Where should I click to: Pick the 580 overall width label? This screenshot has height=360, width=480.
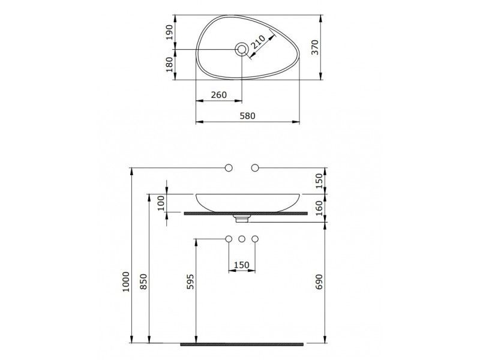[248, 115]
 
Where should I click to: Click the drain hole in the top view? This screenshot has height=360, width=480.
[242, 50]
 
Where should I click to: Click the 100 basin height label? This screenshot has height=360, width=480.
[160, 203]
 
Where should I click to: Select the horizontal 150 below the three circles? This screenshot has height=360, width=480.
[242, 265]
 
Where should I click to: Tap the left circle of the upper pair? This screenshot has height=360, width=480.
[229, 167]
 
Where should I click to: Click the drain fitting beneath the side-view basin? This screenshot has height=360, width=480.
[242, 214]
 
